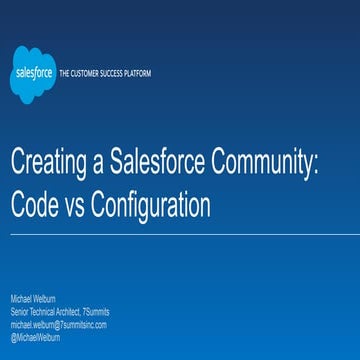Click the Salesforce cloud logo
tap(32, 74)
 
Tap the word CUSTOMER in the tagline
tap(84, 74)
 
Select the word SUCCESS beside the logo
tap(107, 74)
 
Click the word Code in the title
tap(34, 206)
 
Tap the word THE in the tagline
tap(65, 74)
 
